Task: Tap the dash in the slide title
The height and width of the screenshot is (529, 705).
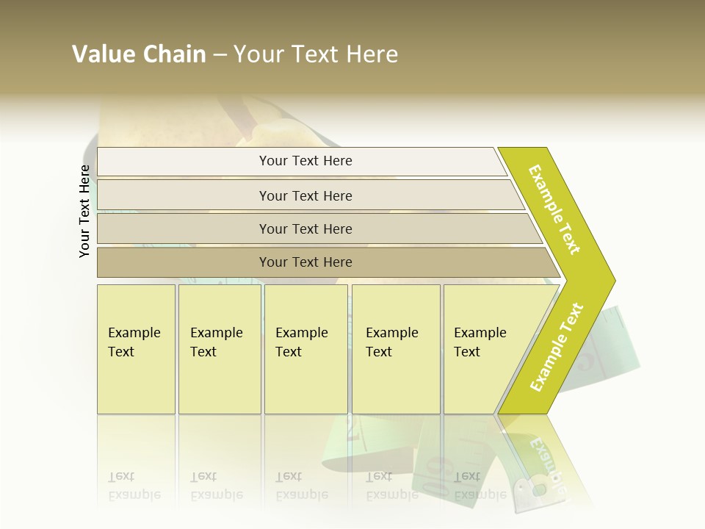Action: tap(220, 55)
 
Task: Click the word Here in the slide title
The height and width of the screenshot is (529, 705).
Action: tap(372, 54)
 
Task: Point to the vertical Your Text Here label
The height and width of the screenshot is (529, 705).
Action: tap(84, 211)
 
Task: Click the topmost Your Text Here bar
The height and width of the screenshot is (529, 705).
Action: tap(305, 161)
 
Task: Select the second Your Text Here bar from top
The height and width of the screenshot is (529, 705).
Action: tap(305, 195)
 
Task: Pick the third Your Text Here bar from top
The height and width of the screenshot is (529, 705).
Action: tap(305, 228)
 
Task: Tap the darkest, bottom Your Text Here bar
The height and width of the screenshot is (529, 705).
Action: tap(305, 262)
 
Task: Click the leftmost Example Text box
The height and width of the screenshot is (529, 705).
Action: tap(136, 349)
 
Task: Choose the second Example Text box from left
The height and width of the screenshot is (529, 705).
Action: tap(220, 349)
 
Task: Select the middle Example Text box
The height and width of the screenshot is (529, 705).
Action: tap(305, 349)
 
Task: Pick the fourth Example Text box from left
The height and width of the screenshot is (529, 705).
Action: tap(396, 349)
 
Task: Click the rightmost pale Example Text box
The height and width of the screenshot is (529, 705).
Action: tap(485, 349)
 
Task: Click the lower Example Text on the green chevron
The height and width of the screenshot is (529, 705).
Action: tap(557, 348)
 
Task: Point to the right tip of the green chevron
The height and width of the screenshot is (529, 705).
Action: tap(613, 280)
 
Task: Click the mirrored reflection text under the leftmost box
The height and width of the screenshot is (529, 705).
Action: tap(134, 486)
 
